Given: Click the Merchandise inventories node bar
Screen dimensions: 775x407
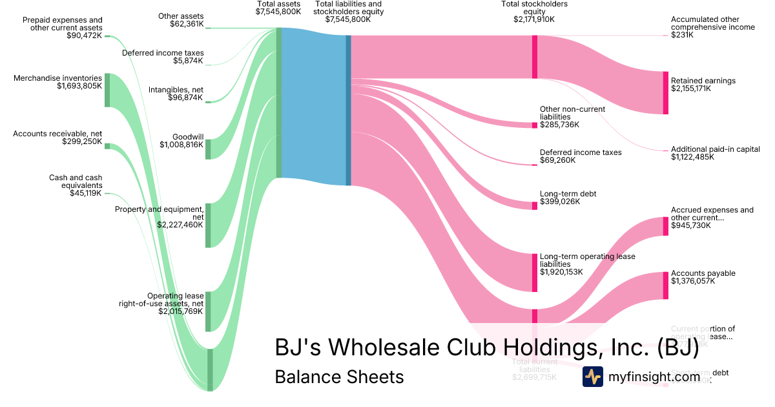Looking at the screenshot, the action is (x=107, y=90).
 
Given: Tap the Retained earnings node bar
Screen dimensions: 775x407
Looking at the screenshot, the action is (x=665, y=92).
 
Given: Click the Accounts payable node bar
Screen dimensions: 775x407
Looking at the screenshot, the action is (x=665, y=286).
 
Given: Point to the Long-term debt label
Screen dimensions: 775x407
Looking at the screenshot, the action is (x=568, y=193).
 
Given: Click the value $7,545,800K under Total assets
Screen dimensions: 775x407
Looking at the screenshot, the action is (x=278, y=12).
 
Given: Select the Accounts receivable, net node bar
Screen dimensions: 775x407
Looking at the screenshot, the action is (x=107, y=147).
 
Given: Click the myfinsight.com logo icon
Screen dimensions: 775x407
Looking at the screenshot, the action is (x=592, y=377).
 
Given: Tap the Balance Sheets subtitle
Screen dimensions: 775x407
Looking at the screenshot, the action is (x=339, y=377).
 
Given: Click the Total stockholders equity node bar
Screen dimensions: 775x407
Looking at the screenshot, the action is (x=535, y=57).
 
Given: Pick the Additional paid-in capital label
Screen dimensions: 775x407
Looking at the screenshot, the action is (x=715, y=149).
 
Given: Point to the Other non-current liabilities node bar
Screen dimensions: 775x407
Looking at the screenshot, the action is (x=535, y=125).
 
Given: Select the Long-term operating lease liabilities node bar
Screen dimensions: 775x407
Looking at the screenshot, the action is (x=535, y=273).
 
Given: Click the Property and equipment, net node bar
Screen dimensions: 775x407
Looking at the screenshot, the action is (x=208, y=225).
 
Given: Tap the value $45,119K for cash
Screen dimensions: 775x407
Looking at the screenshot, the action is (x=86, y=193).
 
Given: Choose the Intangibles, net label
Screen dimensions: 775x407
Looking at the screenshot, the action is (x=176, y=89).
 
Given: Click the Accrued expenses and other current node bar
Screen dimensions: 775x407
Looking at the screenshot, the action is (x=665, y=226).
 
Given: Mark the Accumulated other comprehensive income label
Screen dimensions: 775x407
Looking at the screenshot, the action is (x=712, y=23).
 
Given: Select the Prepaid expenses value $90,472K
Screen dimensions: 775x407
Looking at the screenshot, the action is (x=85, y=35).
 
